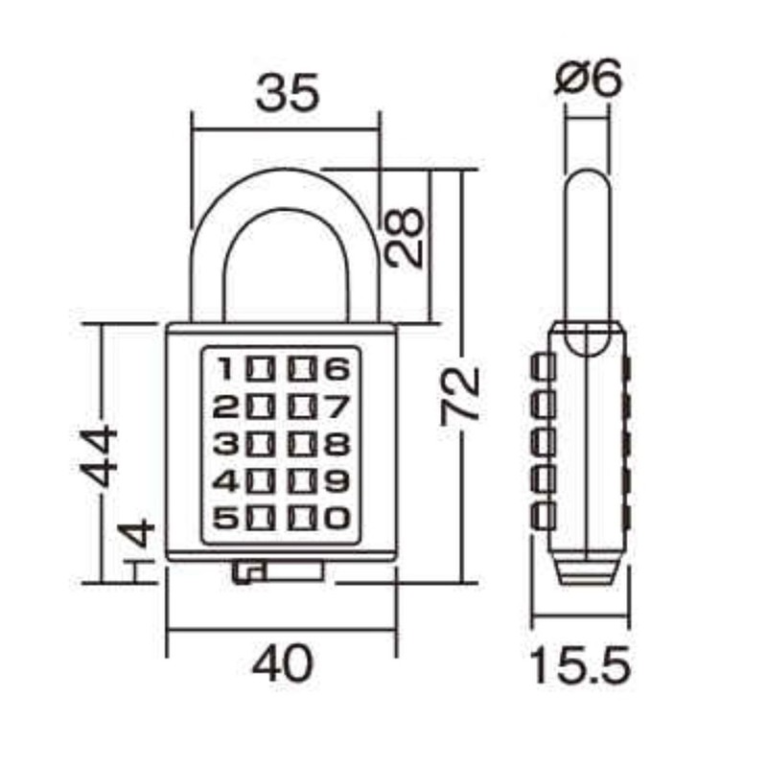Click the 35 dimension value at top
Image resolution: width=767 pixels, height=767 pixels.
pos(286,96)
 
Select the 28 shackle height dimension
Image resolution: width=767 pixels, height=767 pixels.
pos(406,237)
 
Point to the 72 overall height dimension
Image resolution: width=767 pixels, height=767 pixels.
pos(460,393)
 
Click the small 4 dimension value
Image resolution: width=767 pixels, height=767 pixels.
pos(139,532)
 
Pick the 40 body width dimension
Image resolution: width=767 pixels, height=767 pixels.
pos(283,664)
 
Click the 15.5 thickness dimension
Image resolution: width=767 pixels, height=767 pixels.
pos(579,664)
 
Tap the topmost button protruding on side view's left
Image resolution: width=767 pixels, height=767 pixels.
pos(544,367)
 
